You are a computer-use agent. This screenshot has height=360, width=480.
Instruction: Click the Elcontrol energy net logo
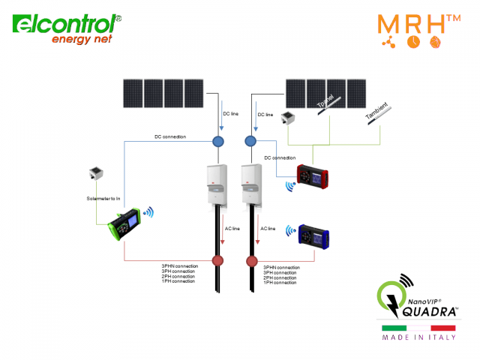[67, 28]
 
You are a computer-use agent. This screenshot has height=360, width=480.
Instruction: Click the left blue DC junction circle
[219, 141]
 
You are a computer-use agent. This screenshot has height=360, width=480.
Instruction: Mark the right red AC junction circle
[253, 261]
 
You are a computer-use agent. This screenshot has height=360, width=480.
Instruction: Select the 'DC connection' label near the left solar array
[170, 136]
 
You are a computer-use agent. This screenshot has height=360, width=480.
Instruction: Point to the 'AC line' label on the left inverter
[232, 228]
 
